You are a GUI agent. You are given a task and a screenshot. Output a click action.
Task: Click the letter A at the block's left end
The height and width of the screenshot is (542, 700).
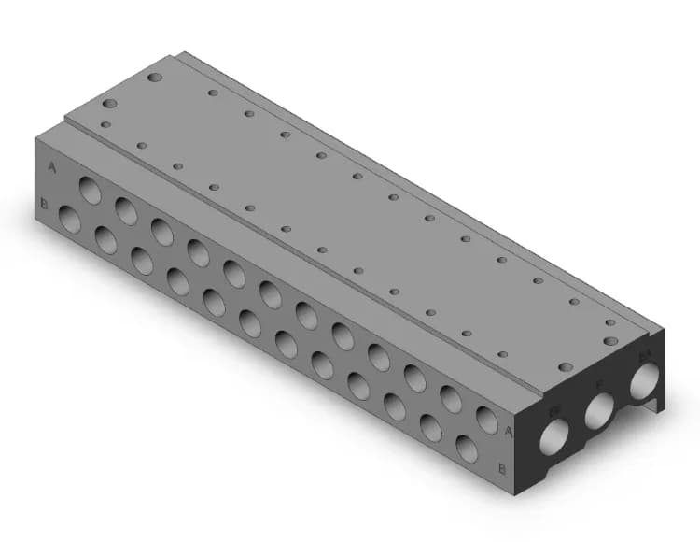(52, 167)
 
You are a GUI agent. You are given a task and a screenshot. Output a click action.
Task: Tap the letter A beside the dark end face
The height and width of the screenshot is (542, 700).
(508, 431)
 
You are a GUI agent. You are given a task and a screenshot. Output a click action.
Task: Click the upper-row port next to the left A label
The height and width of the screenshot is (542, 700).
(91, 190)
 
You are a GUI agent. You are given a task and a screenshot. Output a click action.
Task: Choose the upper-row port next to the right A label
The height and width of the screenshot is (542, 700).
(487, 420)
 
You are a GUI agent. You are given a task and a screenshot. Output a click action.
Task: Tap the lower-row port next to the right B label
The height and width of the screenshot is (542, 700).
(467, 449)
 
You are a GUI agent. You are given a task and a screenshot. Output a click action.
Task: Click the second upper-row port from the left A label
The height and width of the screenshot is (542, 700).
(126, 210)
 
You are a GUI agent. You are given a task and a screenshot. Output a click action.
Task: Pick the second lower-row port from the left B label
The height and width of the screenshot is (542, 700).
(105, 241)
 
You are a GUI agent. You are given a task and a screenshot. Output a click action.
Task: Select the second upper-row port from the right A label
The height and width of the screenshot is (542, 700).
(451, 401)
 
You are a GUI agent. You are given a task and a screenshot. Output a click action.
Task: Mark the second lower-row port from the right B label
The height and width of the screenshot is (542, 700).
(430, 430)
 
